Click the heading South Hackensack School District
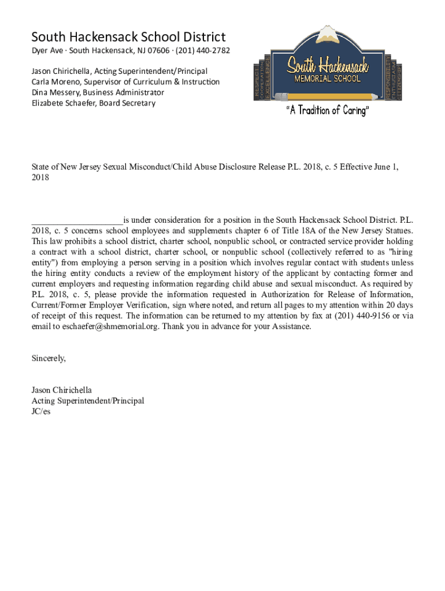pos(128,38)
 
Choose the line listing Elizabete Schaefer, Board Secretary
pos(93,103)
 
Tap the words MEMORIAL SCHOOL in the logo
pos(328,78)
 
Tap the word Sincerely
pos(49,358)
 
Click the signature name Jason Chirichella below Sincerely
pos(61,390)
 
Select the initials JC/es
pos(40,412)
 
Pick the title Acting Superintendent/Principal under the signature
pos(87,401)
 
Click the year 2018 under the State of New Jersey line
pos(40,178)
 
